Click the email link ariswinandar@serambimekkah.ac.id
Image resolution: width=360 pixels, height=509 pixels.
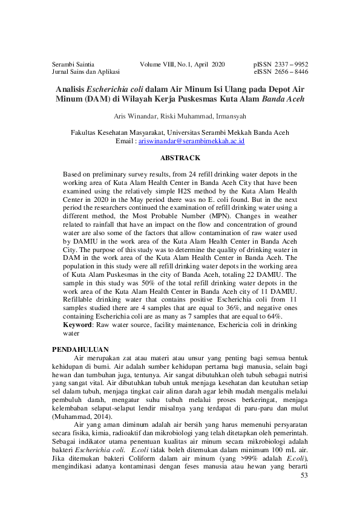tap(191, 141)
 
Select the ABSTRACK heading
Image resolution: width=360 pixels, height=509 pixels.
tap(180, 158)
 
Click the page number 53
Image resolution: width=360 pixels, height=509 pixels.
tap(304, 476)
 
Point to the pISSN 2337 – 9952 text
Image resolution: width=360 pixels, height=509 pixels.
tap(280, 63)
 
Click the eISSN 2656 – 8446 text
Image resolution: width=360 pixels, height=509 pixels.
tap(281, 71)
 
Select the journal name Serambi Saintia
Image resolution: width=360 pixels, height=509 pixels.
tap(73, 63)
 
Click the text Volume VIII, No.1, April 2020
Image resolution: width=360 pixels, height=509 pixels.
tap(182, 63)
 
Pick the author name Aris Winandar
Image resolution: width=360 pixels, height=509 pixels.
tap(133, 115)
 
